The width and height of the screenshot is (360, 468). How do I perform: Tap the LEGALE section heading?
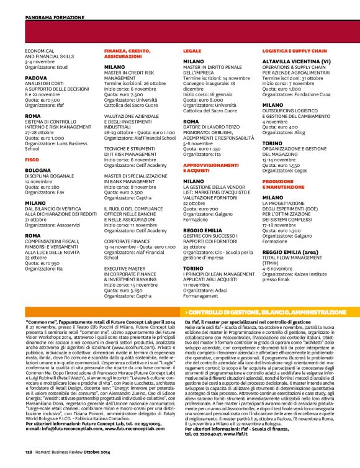point(192,53)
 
